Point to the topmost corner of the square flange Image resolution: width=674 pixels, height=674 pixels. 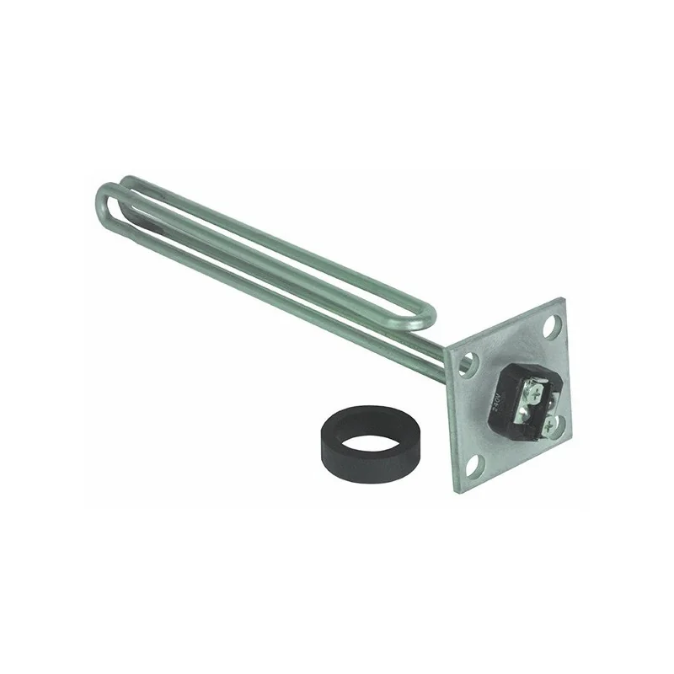click(x=562, y=299)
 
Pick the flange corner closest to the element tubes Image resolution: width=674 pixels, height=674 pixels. click(x=447, y=347)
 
